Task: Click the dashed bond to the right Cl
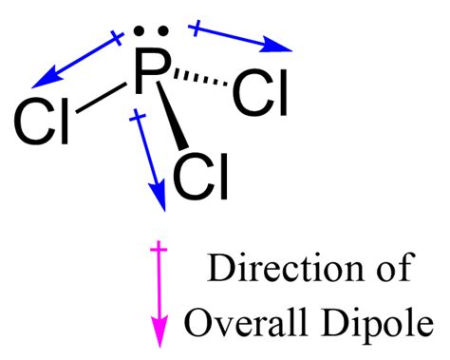coord(198,83)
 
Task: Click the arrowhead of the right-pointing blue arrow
coord(281,46)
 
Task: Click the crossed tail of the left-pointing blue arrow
coord(117,39)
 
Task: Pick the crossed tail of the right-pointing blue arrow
coord(197,29)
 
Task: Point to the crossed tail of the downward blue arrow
coord(139,118)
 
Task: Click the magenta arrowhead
coord(159,333)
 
